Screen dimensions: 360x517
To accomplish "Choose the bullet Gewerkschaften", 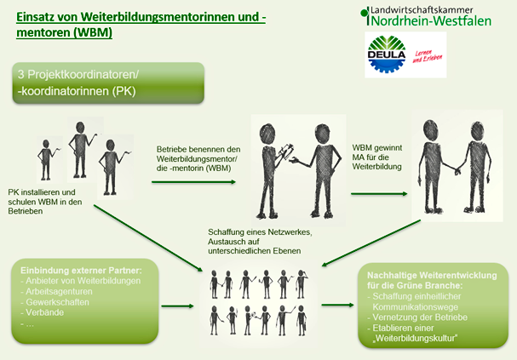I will [x=59, y=302].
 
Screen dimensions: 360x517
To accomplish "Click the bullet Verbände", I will [x=48, y=312].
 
